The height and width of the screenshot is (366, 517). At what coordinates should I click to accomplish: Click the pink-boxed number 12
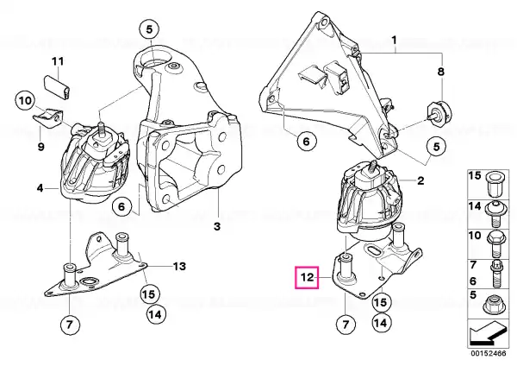click(307, 277)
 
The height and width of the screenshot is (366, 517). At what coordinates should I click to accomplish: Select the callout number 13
click(179, 266)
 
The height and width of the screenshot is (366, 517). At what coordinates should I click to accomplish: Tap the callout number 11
click(58, 61)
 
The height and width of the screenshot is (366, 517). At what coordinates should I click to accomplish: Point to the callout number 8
click(441, 72)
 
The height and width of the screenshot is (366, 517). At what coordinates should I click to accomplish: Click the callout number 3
click(216, 227)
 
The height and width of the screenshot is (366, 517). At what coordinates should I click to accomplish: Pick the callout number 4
click(40, 188)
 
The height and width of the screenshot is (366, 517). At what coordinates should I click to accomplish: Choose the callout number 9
click(40, 146)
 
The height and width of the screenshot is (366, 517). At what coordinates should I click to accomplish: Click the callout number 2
click(420, 180)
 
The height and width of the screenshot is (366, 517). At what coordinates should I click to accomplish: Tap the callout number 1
click(394, 41)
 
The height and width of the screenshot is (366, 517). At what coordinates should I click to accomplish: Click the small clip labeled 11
click(58, 87)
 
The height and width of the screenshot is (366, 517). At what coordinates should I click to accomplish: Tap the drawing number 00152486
click(489, 353)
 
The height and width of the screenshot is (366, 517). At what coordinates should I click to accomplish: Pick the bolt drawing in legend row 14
click(496, 214)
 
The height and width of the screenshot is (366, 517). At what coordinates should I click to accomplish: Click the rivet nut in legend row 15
click(494, 184)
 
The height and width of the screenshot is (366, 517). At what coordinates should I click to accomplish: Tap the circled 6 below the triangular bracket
click(306, 142)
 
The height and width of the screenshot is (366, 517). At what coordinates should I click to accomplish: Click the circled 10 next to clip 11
click(25, 100)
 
